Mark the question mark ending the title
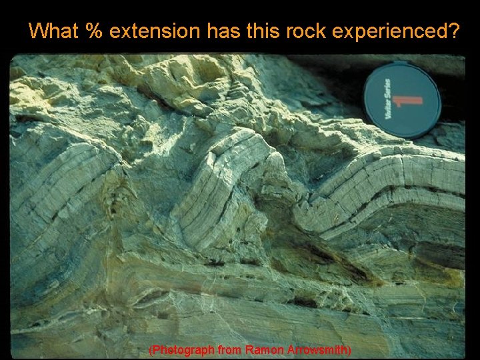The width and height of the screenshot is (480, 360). [x=453, y=31]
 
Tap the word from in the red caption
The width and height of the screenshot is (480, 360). [x=230, y=350]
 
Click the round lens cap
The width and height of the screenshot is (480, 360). [x=402, y=100]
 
